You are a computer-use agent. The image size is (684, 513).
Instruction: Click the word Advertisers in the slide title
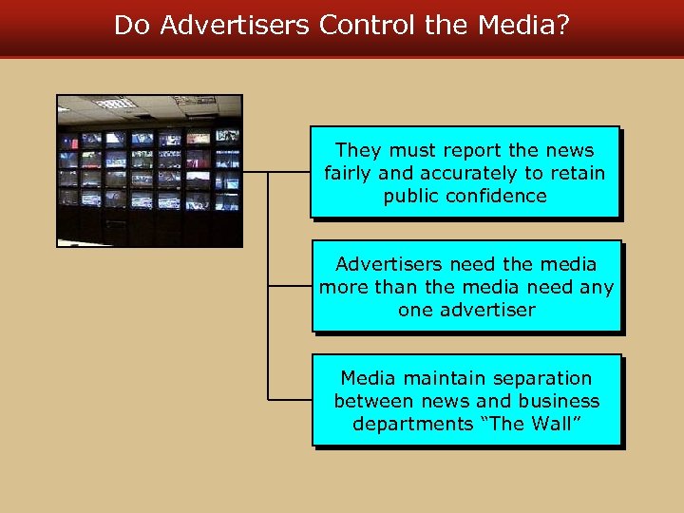(235, 26)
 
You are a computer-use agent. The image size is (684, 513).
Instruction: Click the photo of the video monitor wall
(149, 171)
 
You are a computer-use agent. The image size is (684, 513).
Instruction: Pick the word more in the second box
(342, 287)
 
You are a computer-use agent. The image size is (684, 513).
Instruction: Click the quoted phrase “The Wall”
(528, 424)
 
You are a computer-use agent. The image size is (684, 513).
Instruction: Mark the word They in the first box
(358, 150)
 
